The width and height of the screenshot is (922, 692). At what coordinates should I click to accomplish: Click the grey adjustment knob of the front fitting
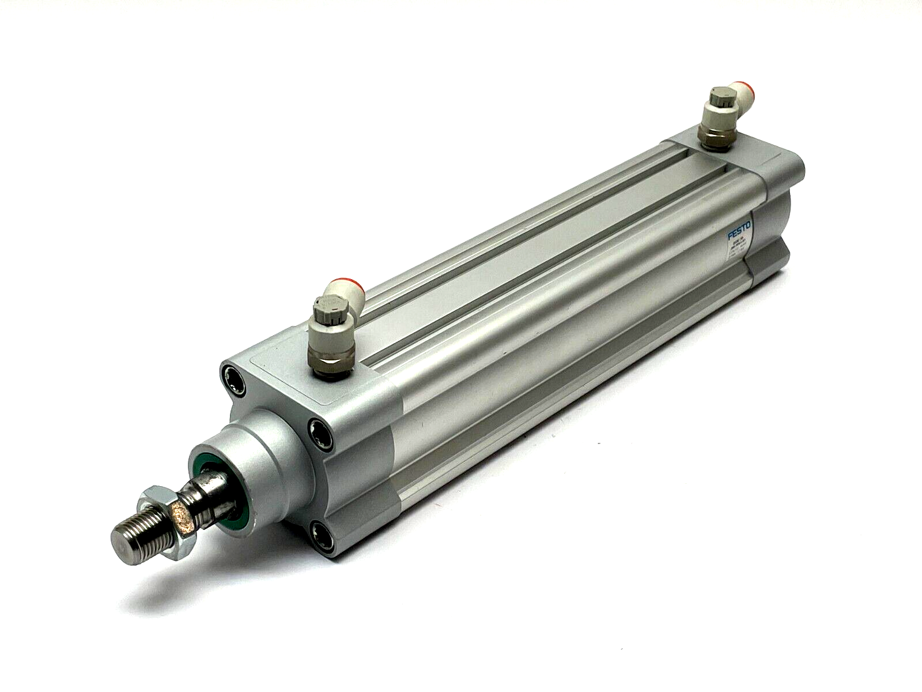point(326,310)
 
